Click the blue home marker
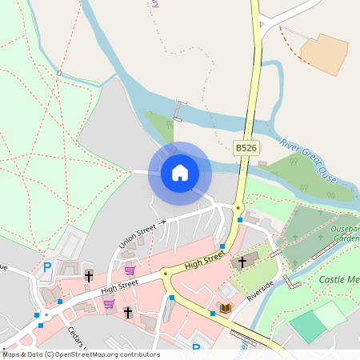tap(180, 172)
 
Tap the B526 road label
tap(246, 148)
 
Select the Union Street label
tap(138, 234)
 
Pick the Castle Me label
tap(338, 279)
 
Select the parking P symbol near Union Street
tap(46, 267)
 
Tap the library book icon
tap(226, 308)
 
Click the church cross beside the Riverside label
tap(242, 262)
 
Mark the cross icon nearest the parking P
tap(88, 276)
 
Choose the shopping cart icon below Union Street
tap(130, 271)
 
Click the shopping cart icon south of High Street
tap(108, 304)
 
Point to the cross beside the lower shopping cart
tap(127, 311)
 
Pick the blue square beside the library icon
tap(212, 314)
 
